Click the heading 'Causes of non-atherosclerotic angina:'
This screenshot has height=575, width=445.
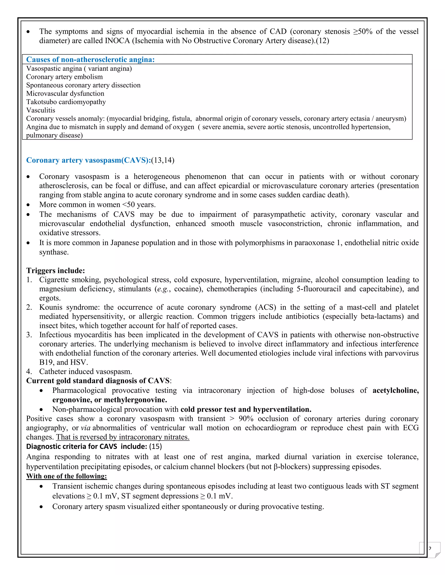(90, 59)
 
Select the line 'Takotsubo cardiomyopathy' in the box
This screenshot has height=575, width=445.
(66, 102)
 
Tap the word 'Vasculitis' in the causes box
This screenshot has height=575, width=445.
(41, 110)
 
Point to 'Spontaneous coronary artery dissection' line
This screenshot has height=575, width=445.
(83, 85)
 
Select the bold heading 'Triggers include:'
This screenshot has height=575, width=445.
(56, 271)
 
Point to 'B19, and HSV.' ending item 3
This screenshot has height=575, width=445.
(63, 362)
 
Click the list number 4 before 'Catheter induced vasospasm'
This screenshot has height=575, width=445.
(29, 371)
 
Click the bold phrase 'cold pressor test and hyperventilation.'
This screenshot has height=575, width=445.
(246, 409)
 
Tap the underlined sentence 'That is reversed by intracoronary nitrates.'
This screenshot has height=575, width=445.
(123, 437)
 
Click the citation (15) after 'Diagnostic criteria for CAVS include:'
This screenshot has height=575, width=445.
(156, 447)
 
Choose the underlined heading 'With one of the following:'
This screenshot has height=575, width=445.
(66, 476)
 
